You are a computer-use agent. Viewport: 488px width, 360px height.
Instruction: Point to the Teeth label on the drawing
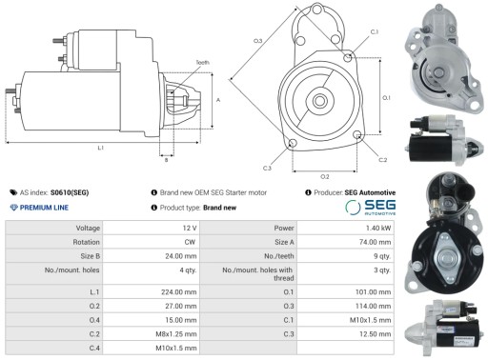(202, 62)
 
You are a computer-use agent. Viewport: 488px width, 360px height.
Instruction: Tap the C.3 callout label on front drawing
(268, 168)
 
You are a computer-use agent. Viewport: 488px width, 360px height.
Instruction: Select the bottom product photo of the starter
(446, 326)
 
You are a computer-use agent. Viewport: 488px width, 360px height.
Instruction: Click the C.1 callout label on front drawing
(374, 32)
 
